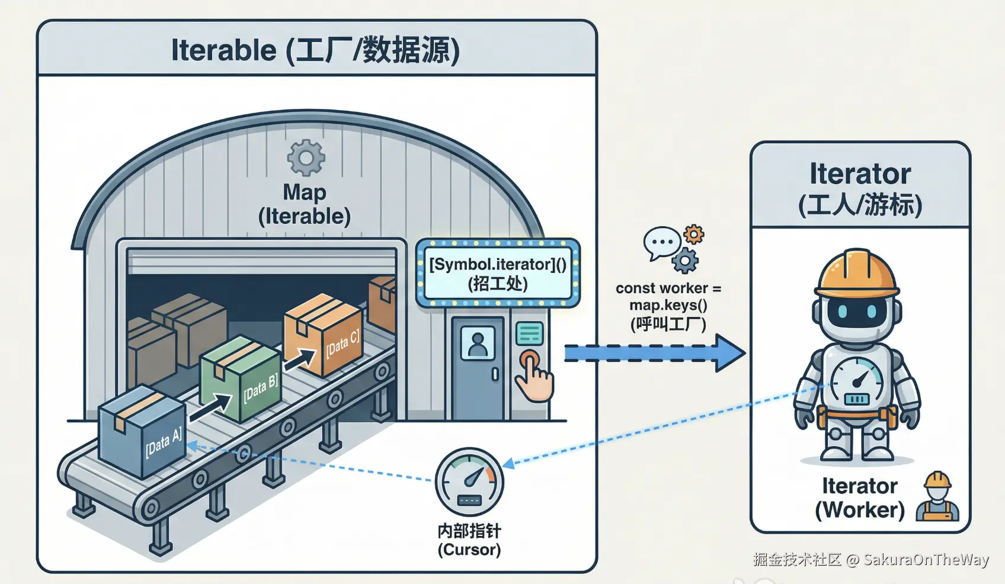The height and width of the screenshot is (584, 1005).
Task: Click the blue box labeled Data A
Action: point(143,432)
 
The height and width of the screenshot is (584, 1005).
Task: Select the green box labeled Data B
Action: point(240,379)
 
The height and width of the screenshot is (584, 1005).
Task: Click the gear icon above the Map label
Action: point(306,158)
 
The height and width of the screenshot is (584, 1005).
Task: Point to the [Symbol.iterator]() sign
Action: point(498,273)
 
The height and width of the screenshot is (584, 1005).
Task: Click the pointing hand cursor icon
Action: point(533,376)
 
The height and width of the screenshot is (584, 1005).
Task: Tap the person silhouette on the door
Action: point(478,344)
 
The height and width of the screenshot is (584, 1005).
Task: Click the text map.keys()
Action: point(668,306)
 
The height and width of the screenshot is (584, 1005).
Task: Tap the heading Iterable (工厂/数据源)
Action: point(315,50)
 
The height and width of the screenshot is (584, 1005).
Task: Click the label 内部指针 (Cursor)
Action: point(469,540)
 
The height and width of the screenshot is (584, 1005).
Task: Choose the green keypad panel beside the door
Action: point(529,333)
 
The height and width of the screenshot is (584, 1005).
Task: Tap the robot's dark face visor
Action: point(857,312)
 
